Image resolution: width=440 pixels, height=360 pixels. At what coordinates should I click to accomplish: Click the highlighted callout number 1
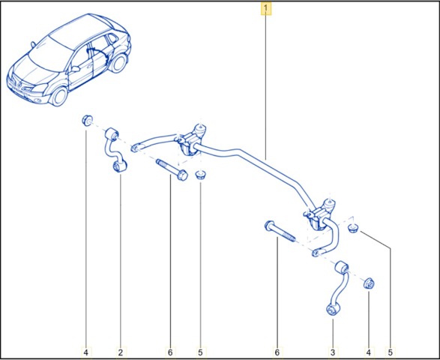266,8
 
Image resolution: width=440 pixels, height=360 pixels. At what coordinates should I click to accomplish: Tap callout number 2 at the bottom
121,352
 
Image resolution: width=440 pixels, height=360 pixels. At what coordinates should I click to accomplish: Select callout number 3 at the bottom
333,352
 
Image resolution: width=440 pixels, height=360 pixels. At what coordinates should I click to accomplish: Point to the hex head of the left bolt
182,175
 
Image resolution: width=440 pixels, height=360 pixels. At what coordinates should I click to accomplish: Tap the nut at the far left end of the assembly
87,121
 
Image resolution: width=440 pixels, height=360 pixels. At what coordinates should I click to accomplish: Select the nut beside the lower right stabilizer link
369,283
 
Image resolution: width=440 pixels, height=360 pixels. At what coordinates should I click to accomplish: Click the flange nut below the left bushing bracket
200,175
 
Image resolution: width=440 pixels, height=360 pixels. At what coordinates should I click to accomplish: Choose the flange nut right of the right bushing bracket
353,228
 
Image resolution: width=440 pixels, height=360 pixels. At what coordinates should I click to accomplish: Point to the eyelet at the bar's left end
135,148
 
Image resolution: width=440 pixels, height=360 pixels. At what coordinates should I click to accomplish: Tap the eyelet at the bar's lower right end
316,253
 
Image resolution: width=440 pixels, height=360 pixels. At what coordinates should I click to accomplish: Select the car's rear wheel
118,63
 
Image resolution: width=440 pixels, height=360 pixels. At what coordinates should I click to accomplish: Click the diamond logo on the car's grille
17,82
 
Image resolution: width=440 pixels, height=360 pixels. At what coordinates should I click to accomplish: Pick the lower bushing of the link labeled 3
333,309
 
